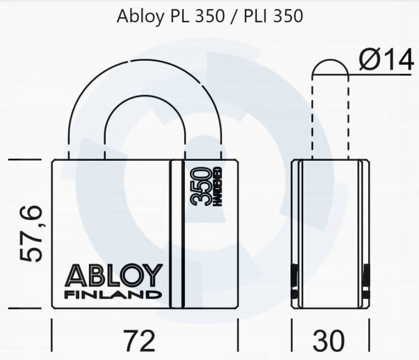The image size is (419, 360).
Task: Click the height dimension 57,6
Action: [x=31, y=233]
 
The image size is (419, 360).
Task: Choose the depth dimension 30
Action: [x=330, y=340]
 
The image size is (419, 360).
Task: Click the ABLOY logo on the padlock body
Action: [x=115, y=276]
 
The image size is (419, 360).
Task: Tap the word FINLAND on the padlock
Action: [x=115, y=294]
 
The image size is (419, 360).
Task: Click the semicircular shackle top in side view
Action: [x=330, y=65]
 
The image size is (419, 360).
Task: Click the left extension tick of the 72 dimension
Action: [x=51, y=334]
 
